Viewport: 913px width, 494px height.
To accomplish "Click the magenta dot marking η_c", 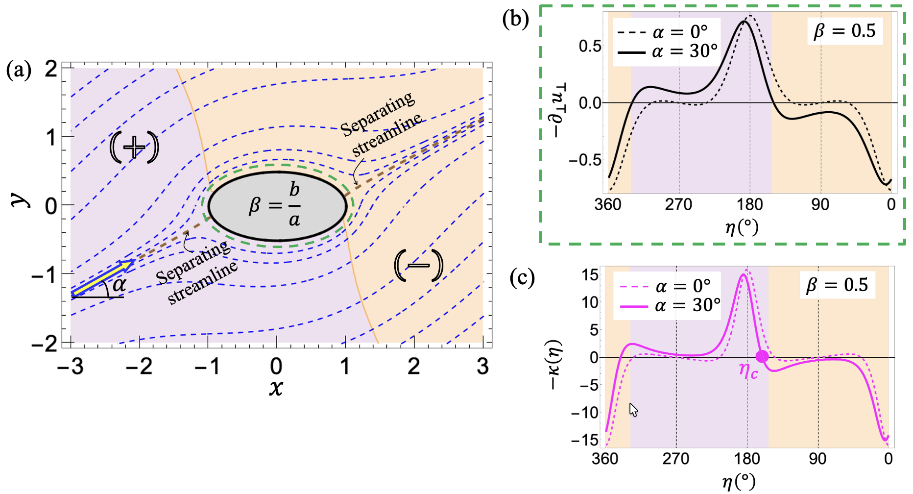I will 762,356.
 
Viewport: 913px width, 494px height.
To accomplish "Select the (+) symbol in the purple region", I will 134,147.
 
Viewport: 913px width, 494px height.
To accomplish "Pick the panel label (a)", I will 19,70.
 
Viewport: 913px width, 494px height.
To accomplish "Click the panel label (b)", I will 516,19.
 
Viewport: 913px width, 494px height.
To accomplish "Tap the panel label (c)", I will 522,277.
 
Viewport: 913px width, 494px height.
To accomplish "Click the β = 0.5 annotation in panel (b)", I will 844,31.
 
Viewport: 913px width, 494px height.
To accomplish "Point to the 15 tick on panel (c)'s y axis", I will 590,274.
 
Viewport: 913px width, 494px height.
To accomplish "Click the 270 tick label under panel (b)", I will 678,204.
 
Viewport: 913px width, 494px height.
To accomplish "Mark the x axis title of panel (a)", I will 276,388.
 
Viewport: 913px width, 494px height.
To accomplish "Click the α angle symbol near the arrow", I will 119,284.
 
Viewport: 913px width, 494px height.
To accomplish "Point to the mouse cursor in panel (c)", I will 633,410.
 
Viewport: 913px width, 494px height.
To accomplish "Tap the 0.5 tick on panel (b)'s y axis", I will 590,47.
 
